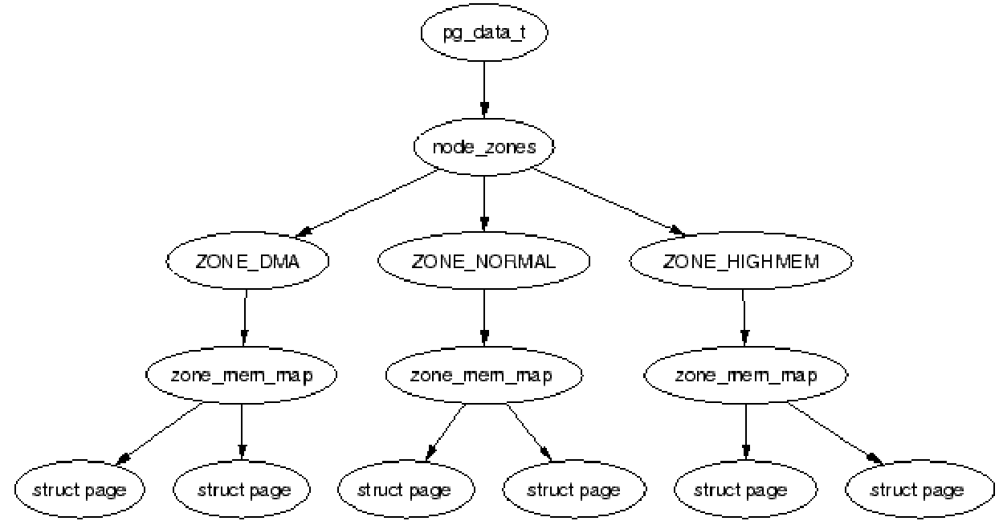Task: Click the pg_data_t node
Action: (x=483, y=34)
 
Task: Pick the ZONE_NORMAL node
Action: (x=483, y=262)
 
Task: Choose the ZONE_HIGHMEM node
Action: (x=741, y=262)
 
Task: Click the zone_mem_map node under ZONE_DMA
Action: (x=242, y=375)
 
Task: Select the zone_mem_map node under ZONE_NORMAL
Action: (x=483, y=375)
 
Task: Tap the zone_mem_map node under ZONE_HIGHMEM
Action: (x=746, y=375)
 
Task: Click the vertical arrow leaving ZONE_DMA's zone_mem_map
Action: (x=242, y=431)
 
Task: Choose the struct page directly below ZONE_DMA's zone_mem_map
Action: (x=242, y=489)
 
